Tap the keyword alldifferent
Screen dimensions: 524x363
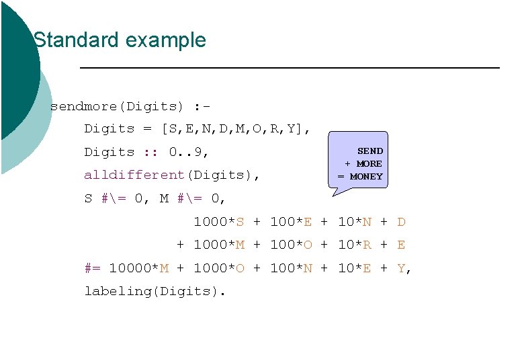134,175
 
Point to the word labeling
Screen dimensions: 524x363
118,291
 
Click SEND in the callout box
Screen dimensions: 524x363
369,151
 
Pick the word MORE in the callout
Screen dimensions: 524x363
369,164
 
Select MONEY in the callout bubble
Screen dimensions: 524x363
366,177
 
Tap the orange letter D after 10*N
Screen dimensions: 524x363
401,222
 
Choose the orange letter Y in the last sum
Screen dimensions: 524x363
401,268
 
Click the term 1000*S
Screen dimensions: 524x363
219,222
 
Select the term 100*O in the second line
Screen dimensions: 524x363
291,245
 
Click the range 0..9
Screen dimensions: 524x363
189,152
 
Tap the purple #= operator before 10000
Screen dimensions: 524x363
92,268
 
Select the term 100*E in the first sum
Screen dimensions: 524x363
291,222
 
